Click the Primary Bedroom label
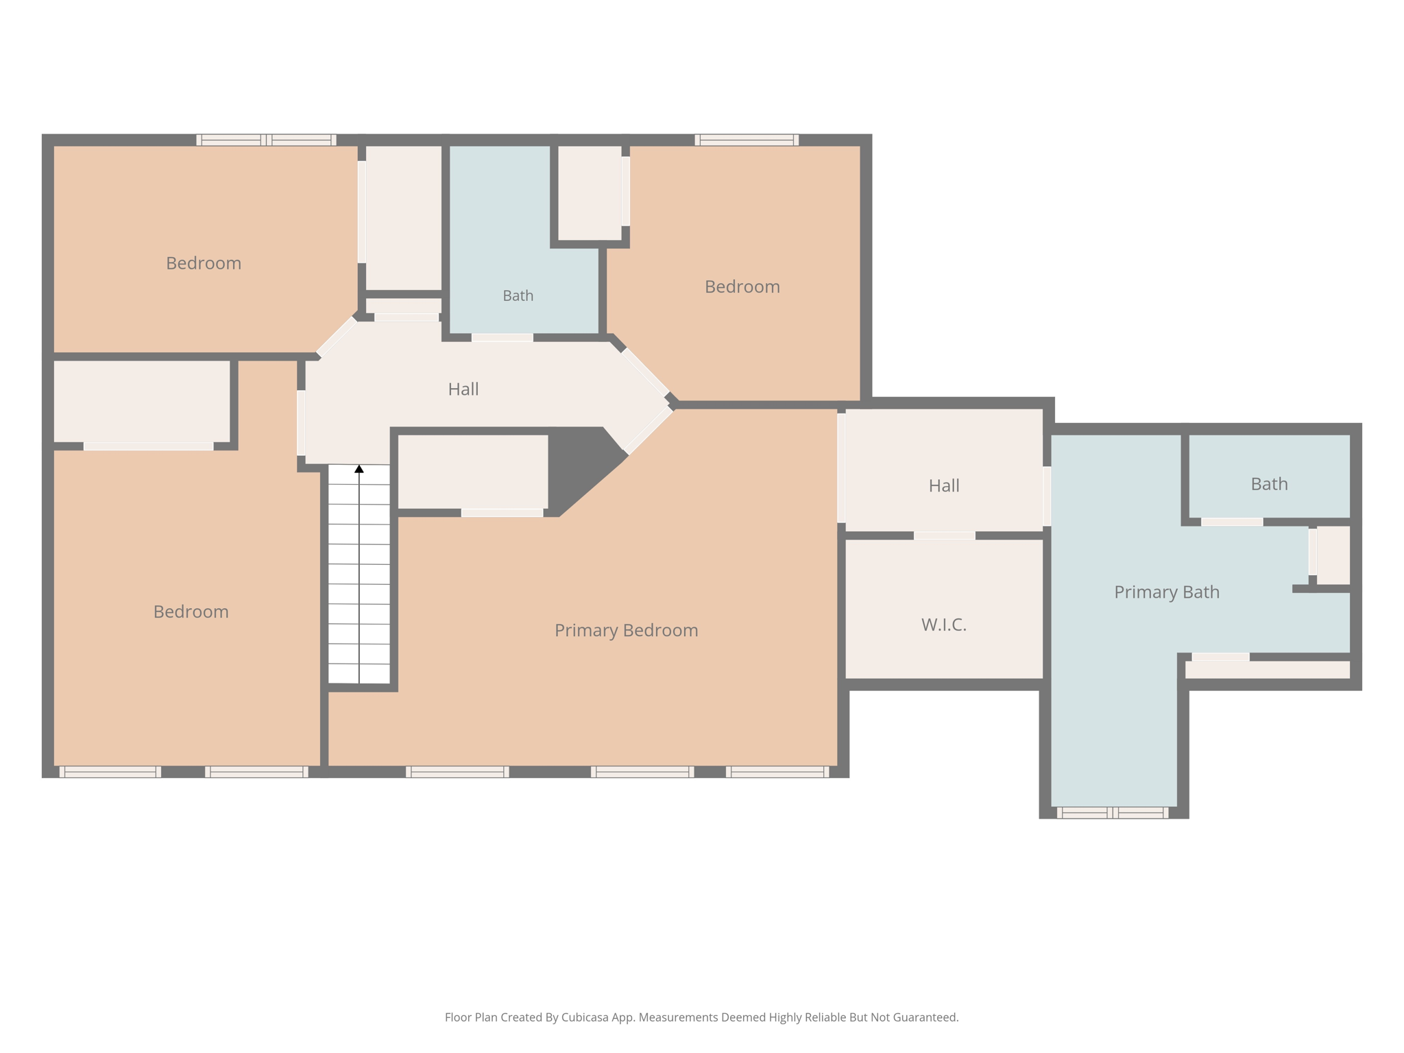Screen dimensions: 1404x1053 pyautogui.click(x=626, y=631)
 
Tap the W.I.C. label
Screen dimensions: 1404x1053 pyautogui.click(x=943, y=625)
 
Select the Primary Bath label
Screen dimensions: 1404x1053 pyautogui.click(x=1166, y=592)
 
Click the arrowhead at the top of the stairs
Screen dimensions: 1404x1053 pyautogui.click(x=359, y=469)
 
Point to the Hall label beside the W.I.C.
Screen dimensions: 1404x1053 pyautogui.click(x=943, y=486)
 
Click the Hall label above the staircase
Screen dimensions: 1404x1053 pyautogui.click(x=463, y=389)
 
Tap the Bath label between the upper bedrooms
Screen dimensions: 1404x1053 pyautogui.click(x=518, y=295)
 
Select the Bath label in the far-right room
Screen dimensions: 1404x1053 pyautogui.click(x=1269, y=484)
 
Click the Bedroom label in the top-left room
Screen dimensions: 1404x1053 pyautogui.click(x=204, y=263)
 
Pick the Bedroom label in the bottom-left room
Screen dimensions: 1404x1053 pyautogui.click(x=191, y=612)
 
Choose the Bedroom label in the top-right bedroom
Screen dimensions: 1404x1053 pyautogui.click(x=742, y=287)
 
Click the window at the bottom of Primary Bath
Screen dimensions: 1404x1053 pyautogui.click(x=1112, y=813)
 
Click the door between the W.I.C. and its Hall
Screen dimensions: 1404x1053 pyautogui.click(x=944, y=535)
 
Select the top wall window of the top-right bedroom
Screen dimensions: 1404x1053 pyautogui.click(x=747, y=140)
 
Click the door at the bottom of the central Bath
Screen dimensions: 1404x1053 pyautogui.click(x=502, y=337)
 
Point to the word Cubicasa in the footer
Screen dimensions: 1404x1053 pyautogui.click(x=587, y=1017)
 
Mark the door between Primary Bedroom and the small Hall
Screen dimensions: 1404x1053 pyautogui.click(x=841, y=468)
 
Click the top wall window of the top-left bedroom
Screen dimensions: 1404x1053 pyautogui.click(x=266, y=140)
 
